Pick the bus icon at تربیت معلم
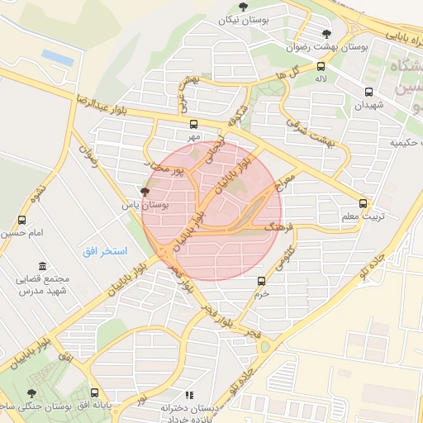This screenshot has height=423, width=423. tap(363, 203)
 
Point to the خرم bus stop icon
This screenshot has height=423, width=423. tap(262, 281)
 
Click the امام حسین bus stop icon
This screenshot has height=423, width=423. tap(21, 221)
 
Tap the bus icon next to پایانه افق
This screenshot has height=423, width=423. tap(94, 393)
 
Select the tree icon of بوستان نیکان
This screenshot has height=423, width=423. tap(242, 7)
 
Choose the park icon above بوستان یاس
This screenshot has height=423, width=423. tap(145, 192)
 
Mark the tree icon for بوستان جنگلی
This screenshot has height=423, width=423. tap(31, 394)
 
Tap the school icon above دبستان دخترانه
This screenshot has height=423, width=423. tap(189, 396)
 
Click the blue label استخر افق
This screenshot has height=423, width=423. tap(103, 250)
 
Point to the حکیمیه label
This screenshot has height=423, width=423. tap(394, 142)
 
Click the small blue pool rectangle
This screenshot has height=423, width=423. tap(57, 57)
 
